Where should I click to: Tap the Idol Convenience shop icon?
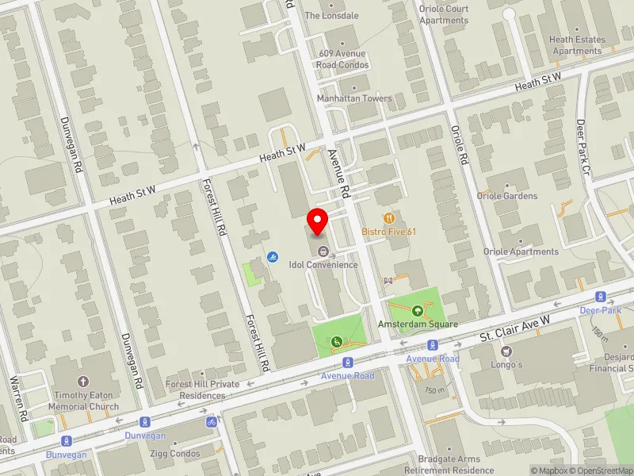(x=323, y=251)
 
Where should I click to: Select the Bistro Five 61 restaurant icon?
(x=388, y=217)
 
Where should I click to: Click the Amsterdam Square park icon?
(x=418, y=310)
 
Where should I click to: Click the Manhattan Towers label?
(x=354, y=98)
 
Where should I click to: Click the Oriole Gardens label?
(x=506, y=196)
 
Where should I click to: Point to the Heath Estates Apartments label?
(x=577, y=45)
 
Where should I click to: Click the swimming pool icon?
(x=272, y=257)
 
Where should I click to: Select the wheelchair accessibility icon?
(x=335, y=341)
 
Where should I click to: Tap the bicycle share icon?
(x=212, y=421)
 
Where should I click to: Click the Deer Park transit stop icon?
(x=602, y=296)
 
